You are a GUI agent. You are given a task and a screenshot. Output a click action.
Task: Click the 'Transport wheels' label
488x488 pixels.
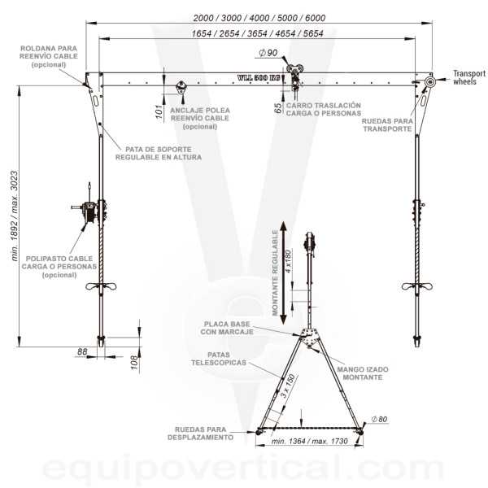(469, 77)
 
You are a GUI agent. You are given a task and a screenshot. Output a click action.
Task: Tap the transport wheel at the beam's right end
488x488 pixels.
(429, 82)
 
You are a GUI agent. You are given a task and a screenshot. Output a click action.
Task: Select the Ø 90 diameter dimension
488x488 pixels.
(268, 53)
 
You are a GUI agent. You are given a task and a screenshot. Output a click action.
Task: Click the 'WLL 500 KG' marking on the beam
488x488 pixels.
(259, 77)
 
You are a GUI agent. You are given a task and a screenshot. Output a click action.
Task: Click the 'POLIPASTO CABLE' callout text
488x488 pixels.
(59, 259)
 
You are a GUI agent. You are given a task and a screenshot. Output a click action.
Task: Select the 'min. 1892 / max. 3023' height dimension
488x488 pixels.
(15, 216)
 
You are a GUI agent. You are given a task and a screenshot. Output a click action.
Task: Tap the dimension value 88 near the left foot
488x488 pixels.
(82, 351)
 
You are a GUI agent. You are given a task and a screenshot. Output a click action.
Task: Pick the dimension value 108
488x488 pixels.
(134, 363)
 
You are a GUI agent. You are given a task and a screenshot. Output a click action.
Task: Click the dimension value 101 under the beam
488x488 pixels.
(159, 112)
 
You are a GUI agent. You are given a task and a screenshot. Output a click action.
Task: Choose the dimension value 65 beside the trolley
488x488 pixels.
(278, 107)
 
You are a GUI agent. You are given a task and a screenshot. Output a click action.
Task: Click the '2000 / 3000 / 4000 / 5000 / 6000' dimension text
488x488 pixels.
(259, 18)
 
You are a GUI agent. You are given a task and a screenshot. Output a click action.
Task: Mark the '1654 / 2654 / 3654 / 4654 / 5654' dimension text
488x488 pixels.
(257, 33)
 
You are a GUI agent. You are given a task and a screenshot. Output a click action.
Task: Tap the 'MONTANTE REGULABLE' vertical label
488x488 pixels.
(275, 272)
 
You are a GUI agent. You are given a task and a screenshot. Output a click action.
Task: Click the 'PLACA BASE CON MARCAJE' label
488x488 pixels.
(227, 328)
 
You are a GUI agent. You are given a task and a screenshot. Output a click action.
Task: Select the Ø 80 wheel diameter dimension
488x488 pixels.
(379, 419)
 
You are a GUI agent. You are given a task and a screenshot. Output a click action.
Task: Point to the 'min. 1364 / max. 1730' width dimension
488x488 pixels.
(309, 441)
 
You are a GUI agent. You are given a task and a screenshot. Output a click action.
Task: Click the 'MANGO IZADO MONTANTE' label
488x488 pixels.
(363, 373)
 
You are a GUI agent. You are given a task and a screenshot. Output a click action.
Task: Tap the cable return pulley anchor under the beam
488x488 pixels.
(181, 87)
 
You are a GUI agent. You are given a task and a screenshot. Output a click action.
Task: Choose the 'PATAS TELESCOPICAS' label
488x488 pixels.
(219, 359)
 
